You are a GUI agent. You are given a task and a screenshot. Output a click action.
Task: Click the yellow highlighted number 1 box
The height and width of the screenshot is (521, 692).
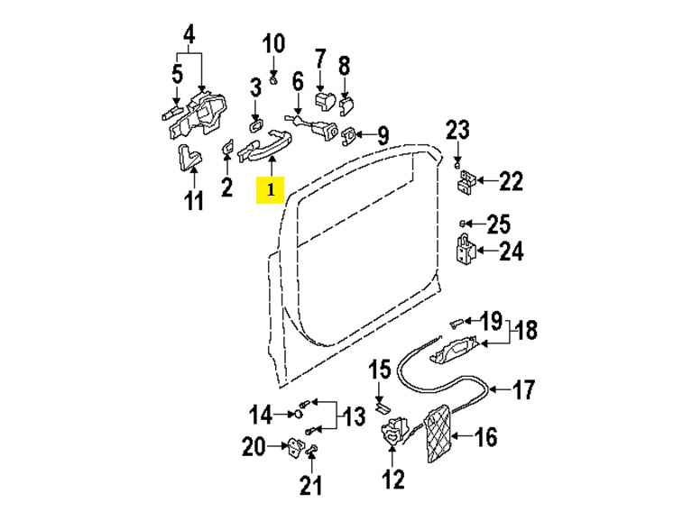(270, 190)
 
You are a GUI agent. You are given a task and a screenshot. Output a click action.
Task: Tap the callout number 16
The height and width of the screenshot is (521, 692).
(486, 437)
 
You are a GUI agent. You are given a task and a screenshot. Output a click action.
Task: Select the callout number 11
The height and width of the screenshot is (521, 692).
(194, 200)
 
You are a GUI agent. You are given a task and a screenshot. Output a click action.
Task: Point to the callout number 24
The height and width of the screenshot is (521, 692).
(511, 251)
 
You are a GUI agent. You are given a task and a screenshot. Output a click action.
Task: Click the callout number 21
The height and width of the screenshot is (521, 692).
(311, 485)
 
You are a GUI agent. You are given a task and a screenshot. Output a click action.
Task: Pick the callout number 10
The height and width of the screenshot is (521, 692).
(273, 43)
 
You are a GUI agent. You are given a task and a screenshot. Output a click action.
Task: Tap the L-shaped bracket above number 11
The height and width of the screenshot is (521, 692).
(189, 157)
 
